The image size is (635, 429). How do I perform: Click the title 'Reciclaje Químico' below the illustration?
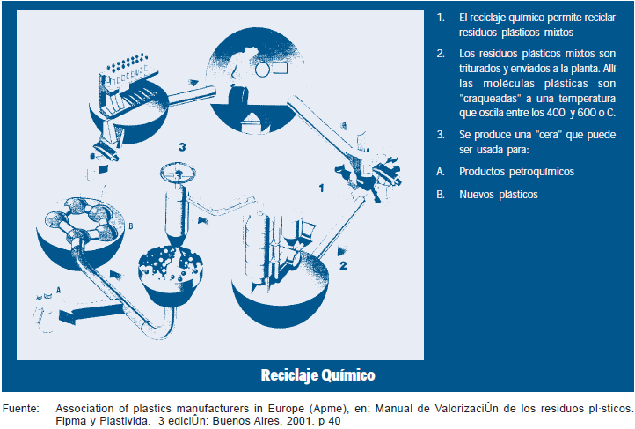point(317,375)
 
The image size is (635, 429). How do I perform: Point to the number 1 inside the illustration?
point(323,188)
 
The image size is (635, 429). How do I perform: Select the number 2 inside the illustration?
point(343,263)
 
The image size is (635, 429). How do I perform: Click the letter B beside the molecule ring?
point(131,226)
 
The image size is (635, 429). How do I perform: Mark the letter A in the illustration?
point(58,288)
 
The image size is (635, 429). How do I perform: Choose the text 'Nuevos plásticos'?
point(498,195)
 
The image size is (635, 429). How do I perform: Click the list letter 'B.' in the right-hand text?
point(441,195)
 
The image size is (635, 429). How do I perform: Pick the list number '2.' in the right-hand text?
point(441,54)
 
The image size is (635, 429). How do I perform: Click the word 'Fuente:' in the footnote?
point(21,408)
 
